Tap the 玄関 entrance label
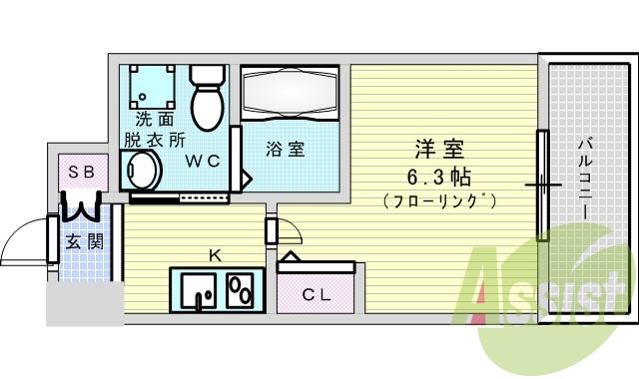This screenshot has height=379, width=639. click(x=81, y=241)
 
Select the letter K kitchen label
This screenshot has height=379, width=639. click(x=214, y=255)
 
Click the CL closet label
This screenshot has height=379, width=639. click(x=317, y=294)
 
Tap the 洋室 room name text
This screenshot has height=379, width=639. click(x=440, y=151)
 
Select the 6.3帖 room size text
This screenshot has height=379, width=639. click(x=440, y=178)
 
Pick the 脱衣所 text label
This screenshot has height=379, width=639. click(x=154, y=139)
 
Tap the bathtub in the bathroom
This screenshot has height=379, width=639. click(x=289, y=94)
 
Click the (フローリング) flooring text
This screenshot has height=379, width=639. click(x=440, y=200)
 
